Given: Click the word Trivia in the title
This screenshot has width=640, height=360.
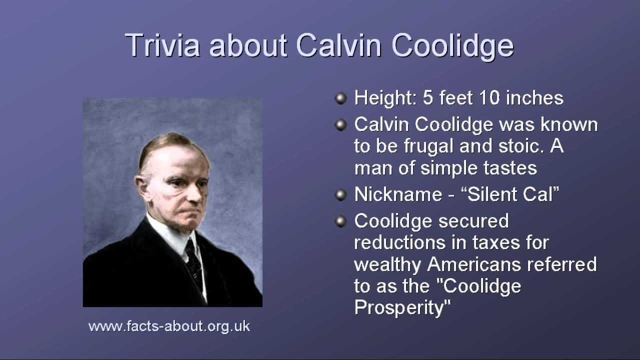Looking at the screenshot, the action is (162, 45).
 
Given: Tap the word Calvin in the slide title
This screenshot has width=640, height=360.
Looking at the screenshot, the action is (338, 45).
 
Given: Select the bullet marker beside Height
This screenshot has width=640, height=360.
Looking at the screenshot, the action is (340, 98).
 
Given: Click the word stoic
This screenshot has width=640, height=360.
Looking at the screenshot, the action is (521, 146).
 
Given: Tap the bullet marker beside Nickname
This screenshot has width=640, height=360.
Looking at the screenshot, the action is (340, 195).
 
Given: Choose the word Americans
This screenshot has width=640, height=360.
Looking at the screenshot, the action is (474, 264).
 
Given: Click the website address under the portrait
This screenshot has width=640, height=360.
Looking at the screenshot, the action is (169, 327).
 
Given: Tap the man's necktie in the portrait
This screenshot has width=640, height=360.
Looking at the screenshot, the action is (193, 263).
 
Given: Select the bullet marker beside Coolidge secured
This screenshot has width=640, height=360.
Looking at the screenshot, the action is (340, 221).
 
